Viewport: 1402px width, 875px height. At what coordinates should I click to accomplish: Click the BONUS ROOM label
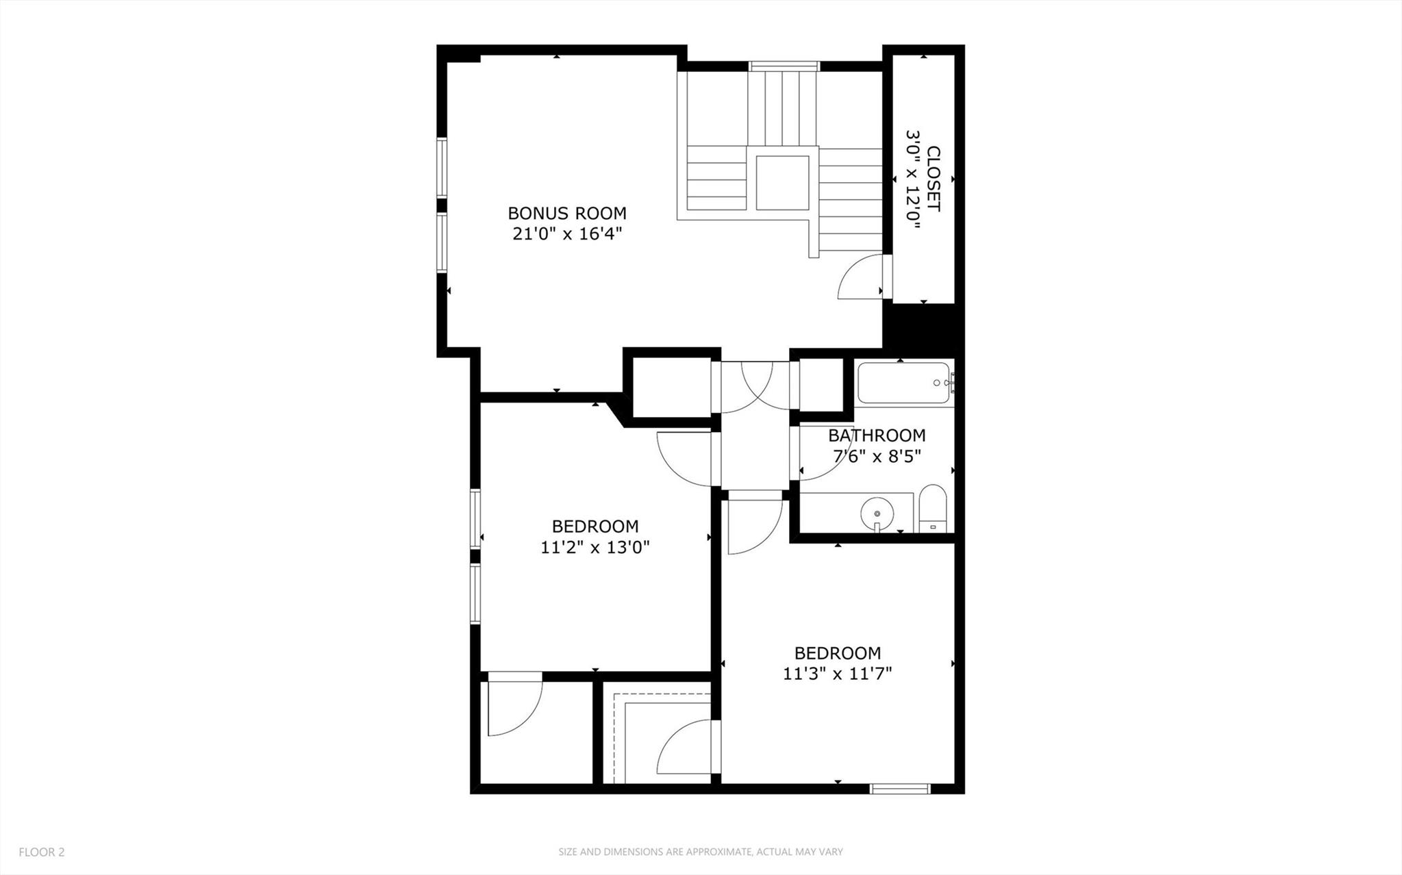[x=566, y=213]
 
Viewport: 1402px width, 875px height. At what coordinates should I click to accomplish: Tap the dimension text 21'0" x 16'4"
[x=566, y=234]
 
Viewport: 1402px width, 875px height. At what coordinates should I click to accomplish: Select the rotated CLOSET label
[x=934, y=179]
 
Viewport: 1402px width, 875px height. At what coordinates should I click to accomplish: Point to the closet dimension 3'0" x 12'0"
[x=913, y=179]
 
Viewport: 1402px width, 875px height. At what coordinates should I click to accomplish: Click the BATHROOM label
[x=876, y=435]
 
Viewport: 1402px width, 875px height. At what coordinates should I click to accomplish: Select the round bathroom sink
[x=877, y=511]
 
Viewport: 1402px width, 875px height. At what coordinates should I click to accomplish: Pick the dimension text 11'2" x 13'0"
[x=594, y=547]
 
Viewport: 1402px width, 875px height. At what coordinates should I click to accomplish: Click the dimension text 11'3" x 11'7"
[x=837, y=674]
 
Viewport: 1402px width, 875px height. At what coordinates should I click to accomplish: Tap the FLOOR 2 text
[x=41, y=852]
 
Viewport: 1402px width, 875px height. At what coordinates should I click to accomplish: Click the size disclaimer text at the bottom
[x=700, y=852]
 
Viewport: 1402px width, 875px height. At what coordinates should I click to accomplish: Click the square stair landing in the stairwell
[x=782, y=182]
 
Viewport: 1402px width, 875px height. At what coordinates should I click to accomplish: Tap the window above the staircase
[x=784, y=66]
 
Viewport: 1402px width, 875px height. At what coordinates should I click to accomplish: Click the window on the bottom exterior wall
[x=899, y=789]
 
